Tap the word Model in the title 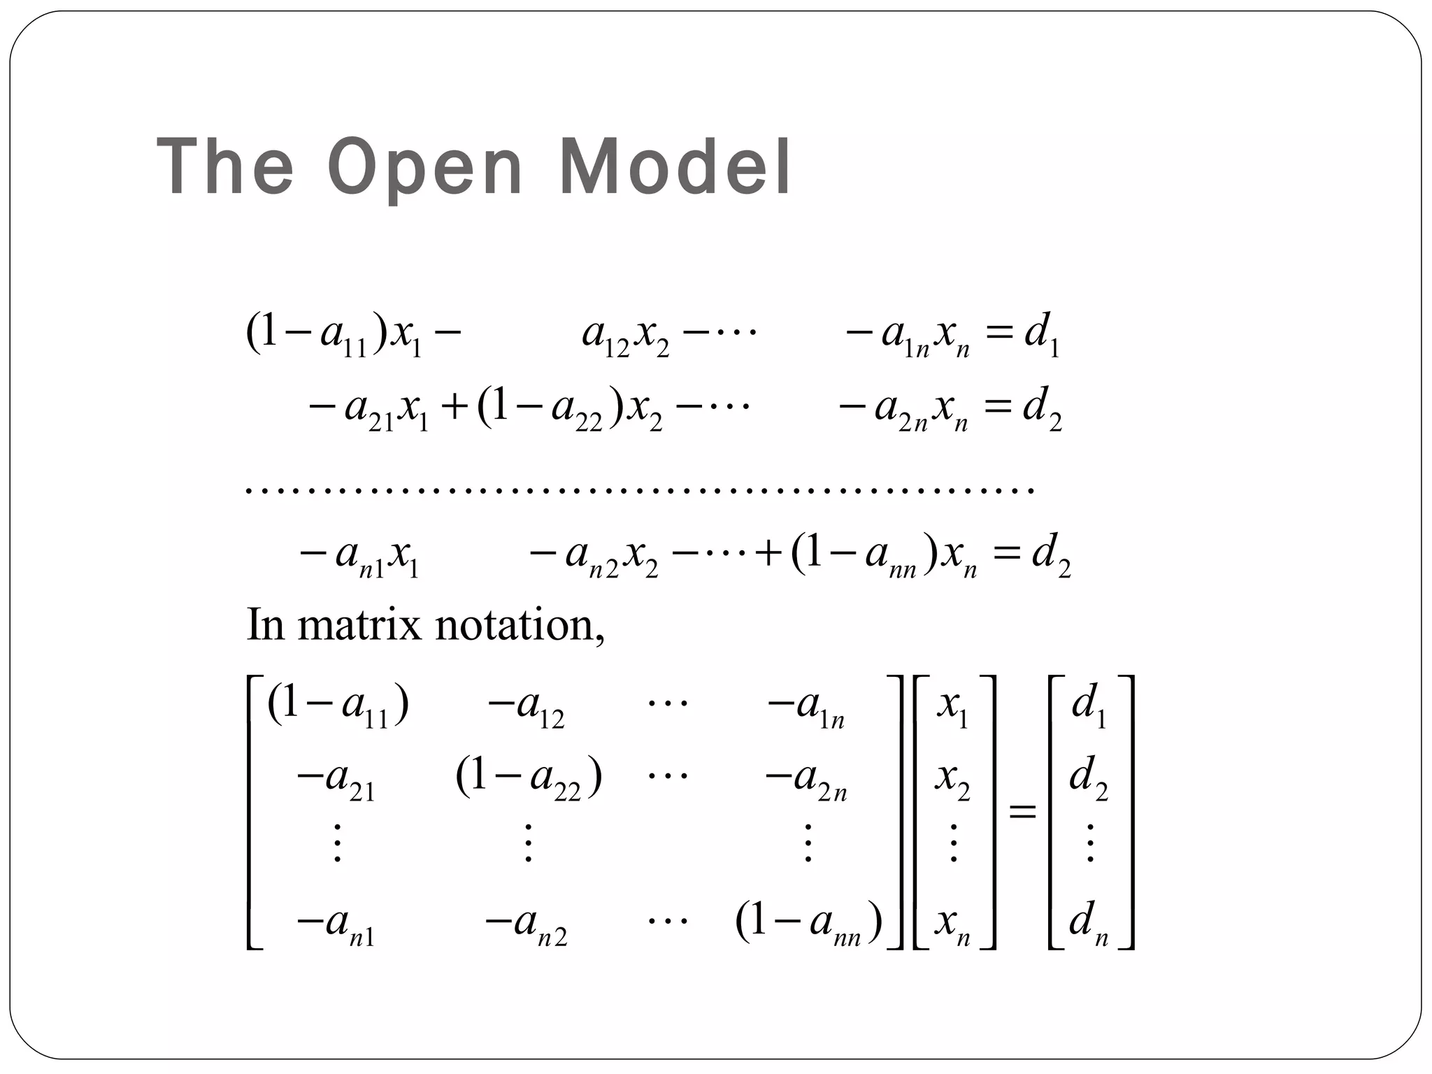(675, 168)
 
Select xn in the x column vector (952, 924)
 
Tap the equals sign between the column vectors (1022, 812)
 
